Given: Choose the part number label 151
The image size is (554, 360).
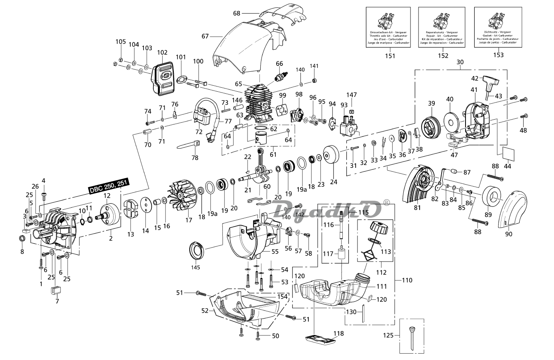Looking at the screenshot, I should (390, 55).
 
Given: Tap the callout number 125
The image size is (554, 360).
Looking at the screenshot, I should (390, 336).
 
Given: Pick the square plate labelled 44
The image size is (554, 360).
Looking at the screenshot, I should (507, 153).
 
